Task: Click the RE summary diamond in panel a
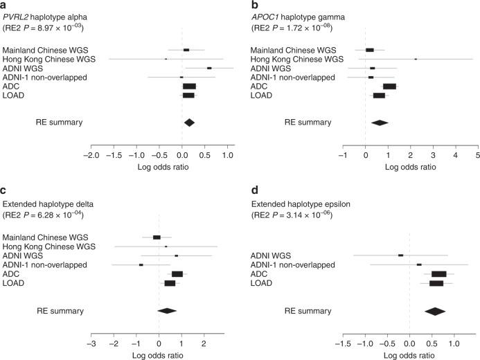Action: pyautogui.click(x=189, y=123)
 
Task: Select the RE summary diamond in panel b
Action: pyautogui.click(x=380, y=123)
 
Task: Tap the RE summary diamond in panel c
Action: pyautogui.click(x=168, y=310)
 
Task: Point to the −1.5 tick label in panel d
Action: pyautogui.click(x=342, y=344)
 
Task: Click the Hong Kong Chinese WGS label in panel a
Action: pyautogui.click(x=48, y=59)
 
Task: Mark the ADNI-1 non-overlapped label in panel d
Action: pyautogui.click(x=297, y=264)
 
